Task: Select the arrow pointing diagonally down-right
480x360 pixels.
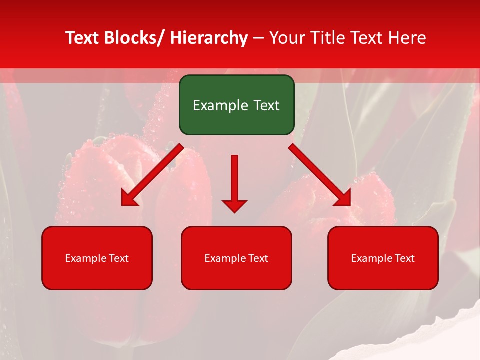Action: pyautogui.click(x=320, y=175)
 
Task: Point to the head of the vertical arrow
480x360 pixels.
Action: pyautogui.click(x=234, y=205)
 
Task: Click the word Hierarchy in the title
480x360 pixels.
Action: pyautogui.click(x=208, y=38)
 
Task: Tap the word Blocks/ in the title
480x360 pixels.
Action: pyautogui.click(x=134, y=38)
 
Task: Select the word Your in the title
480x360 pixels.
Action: pyautogui.click(x=287, y=38)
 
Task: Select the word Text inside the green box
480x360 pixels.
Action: pyautogui.click(x=266, y=106)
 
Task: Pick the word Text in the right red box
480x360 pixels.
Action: pyautogui.click(x=404, y=258)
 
